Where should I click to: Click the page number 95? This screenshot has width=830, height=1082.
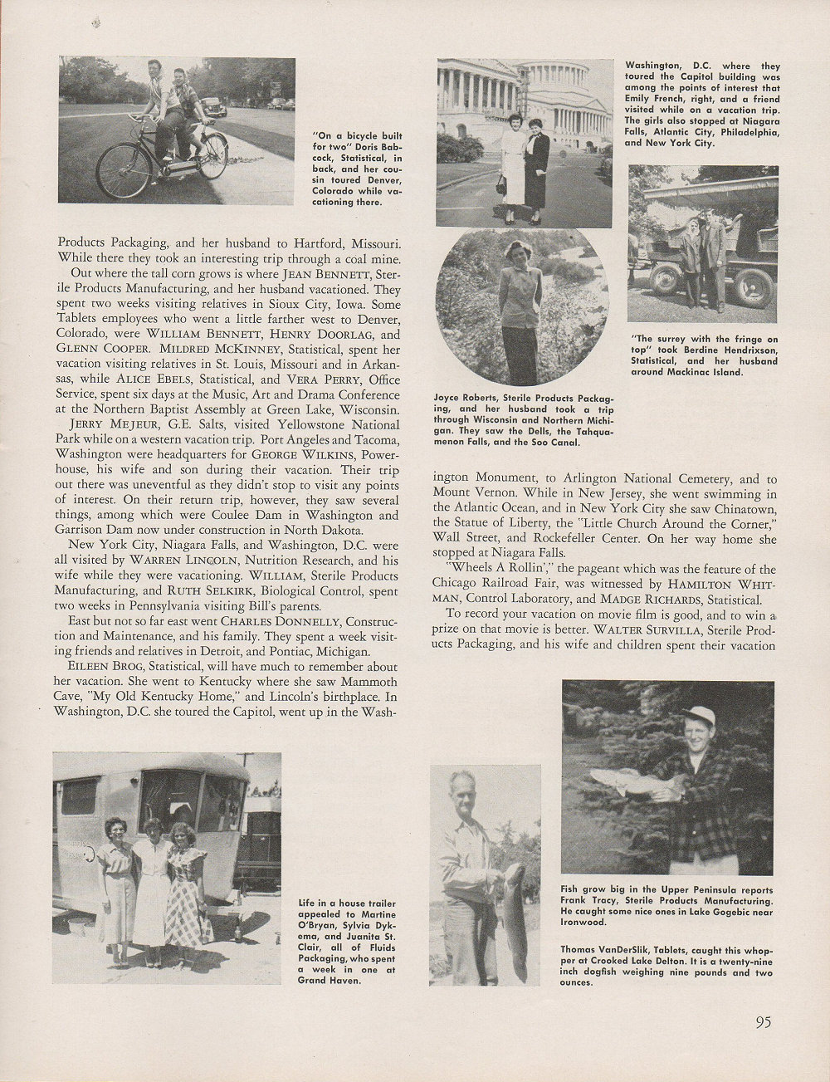point(764,1022)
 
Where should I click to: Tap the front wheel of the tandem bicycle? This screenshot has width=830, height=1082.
point(123,171)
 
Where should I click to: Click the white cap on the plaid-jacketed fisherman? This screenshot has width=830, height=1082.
point(699,714)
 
